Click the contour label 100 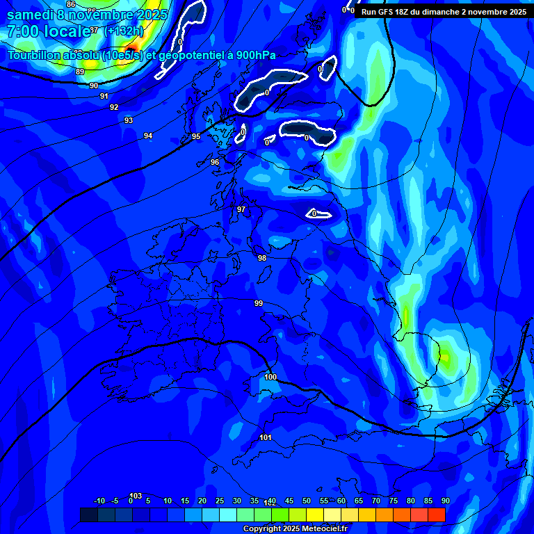tap(270, 377)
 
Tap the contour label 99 tap(259, 303)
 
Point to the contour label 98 tap(262, 258)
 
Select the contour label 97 tap(241, 209)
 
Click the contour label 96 tap(215, 162)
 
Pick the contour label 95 tap(196, 137)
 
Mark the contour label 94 tap(148, 136)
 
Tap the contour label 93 tap(129, 120)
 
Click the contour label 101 tap(265, 437)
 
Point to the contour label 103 tap(136, 496)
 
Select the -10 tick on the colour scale tap(99, 501)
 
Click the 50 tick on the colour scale tap(307, 501)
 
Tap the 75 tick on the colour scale tap(394, 501)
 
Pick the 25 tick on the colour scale tap(220, 501)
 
